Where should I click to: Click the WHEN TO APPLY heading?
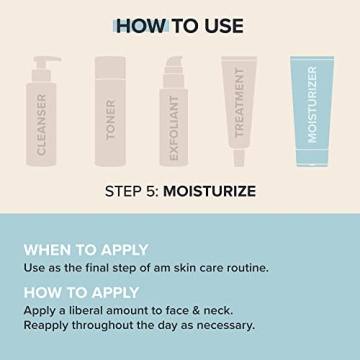(86, 249)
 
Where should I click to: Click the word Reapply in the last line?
(51, 324)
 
